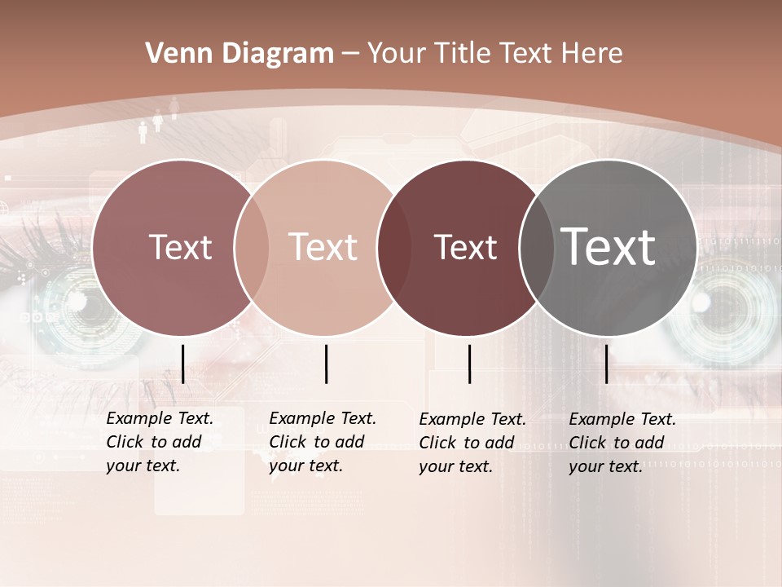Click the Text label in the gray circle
tap(608, 246)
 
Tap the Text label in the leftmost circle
tap(181, 247)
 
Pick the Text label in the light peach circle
tap(323, 247)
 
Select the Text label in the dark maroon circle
tap(466, 247)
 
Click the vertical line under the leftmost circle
tap(183, 364)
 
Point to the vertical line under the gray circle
tap(607, 364)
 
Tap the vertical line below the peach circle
tap(326, 364)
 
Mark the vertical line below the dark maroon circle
tap(470, 364)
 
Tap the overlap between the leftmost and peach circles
tap(252, 248)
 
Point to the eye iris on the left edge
tap(65, 310)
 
